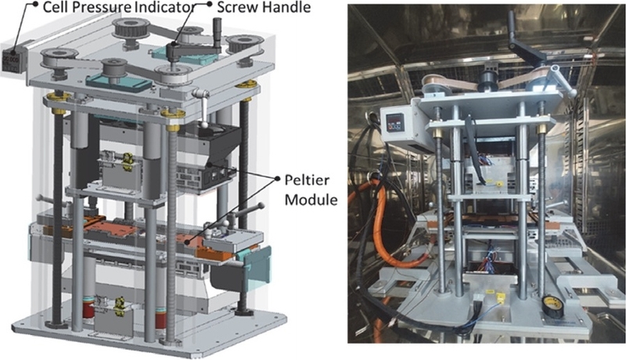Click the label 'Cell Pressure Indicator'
click(119, 7)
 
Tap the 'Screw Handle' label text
click(264, 7)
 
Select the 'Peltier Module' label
click(311, 189)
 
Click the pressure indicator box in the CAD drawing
click(13, 59)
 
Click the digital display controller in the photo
click(395, 122)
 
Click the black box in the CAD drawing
click(206, 156)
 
